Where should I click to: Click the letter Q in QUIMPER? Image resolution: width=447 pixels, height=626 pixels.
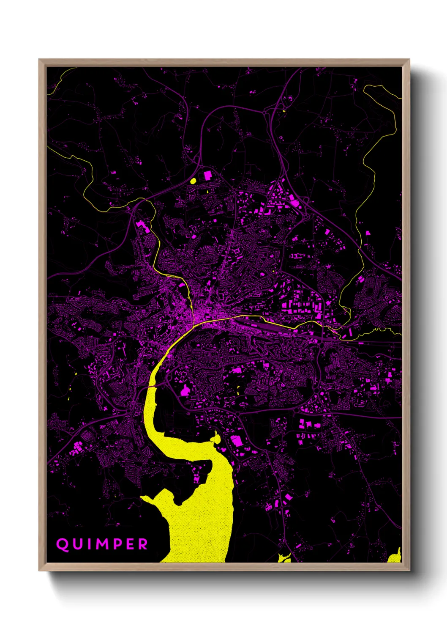(63, 544)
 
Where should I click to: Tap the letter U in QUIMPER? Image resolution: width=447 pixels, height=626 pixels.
(78, 544)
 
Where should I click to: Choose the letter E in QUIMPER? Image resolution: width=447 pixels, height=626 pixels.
(131, 544)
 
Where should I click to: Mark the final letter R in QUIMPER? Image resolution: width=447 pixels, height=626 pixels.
(143, 544)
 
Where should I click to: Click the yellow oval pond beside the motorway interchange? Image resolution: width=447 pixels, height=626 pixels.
(193, 181)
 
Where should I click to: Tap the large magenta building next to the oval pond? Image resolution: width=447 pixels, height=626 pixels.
(207, 175)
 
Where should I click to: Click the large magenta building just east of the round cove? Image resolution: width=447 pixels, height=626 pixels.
(237, 441)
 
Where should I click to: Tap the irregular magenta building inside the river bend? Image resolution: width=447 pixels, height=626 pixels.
(185, 391)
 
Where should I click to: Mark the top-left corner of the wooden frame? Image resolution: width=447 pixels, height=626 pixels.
(39, 60)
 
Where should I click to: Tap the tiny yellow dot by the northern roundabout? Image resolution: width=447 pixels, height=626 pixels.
(284, 111)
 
